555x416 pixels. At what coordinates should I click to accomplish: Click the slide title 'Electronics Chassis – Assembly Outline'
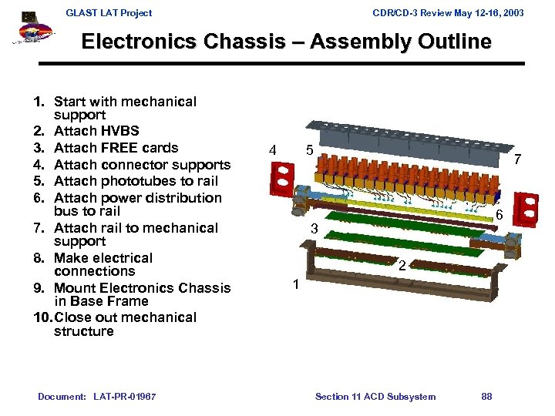click(x=286, y=42)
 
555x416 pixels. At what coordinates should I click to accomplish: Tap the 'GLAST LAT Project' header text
click(x=109, y=12)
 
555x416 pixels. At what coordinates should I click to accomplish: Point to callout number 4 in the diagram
click(x=272, y=150)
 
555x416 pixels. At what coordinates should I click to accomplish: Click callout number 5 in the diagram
click(x=308, y=150)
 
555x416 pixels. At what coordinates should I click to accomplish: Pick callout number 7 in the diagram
click(x=518, y=160)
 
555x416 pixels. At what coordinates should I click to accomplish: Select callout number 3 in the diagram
click(x=314, y=230)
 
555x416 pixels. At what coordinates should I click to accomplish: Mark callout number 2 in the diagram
click(x=402, y=266)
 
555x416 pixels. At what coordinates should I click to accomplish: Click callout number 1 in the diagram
click(x=295, y=284)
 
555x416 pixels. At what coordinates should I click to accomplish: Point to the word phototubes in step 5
click(x=136, y=181)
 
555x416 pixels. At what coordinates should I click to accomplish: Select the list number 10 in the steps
click(x=44, y=317)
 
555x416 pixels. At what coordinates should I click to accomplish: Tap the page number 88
click(x=486, y=397)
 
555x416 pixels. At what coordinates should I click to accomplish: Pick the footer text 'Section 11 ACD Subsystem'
click(x=375, y=397)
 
